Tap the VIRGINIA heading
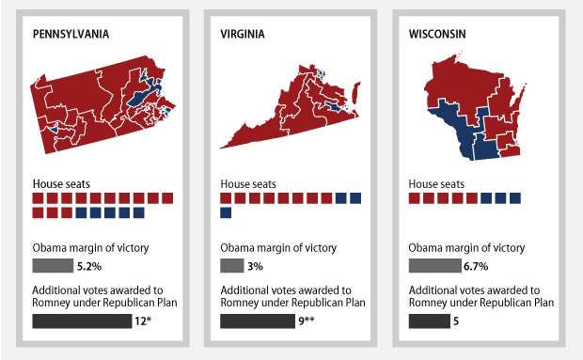click(x=243, y=34)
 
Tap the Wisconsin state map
click(x=472, y=108)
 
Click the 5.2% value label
click(x=89, y=266)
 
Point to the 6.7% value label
click(x=476, y=266)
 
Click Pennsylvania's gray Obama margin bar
click(x=52, y=266)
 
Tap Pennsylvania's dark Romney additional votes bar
click(x=82, y=321)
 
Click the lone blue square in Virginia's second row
click(x=226, y=213)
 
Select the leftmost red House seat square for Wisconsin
click(x=415, y=198)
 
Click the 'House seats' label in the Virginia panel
click(x=247, y=183)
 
